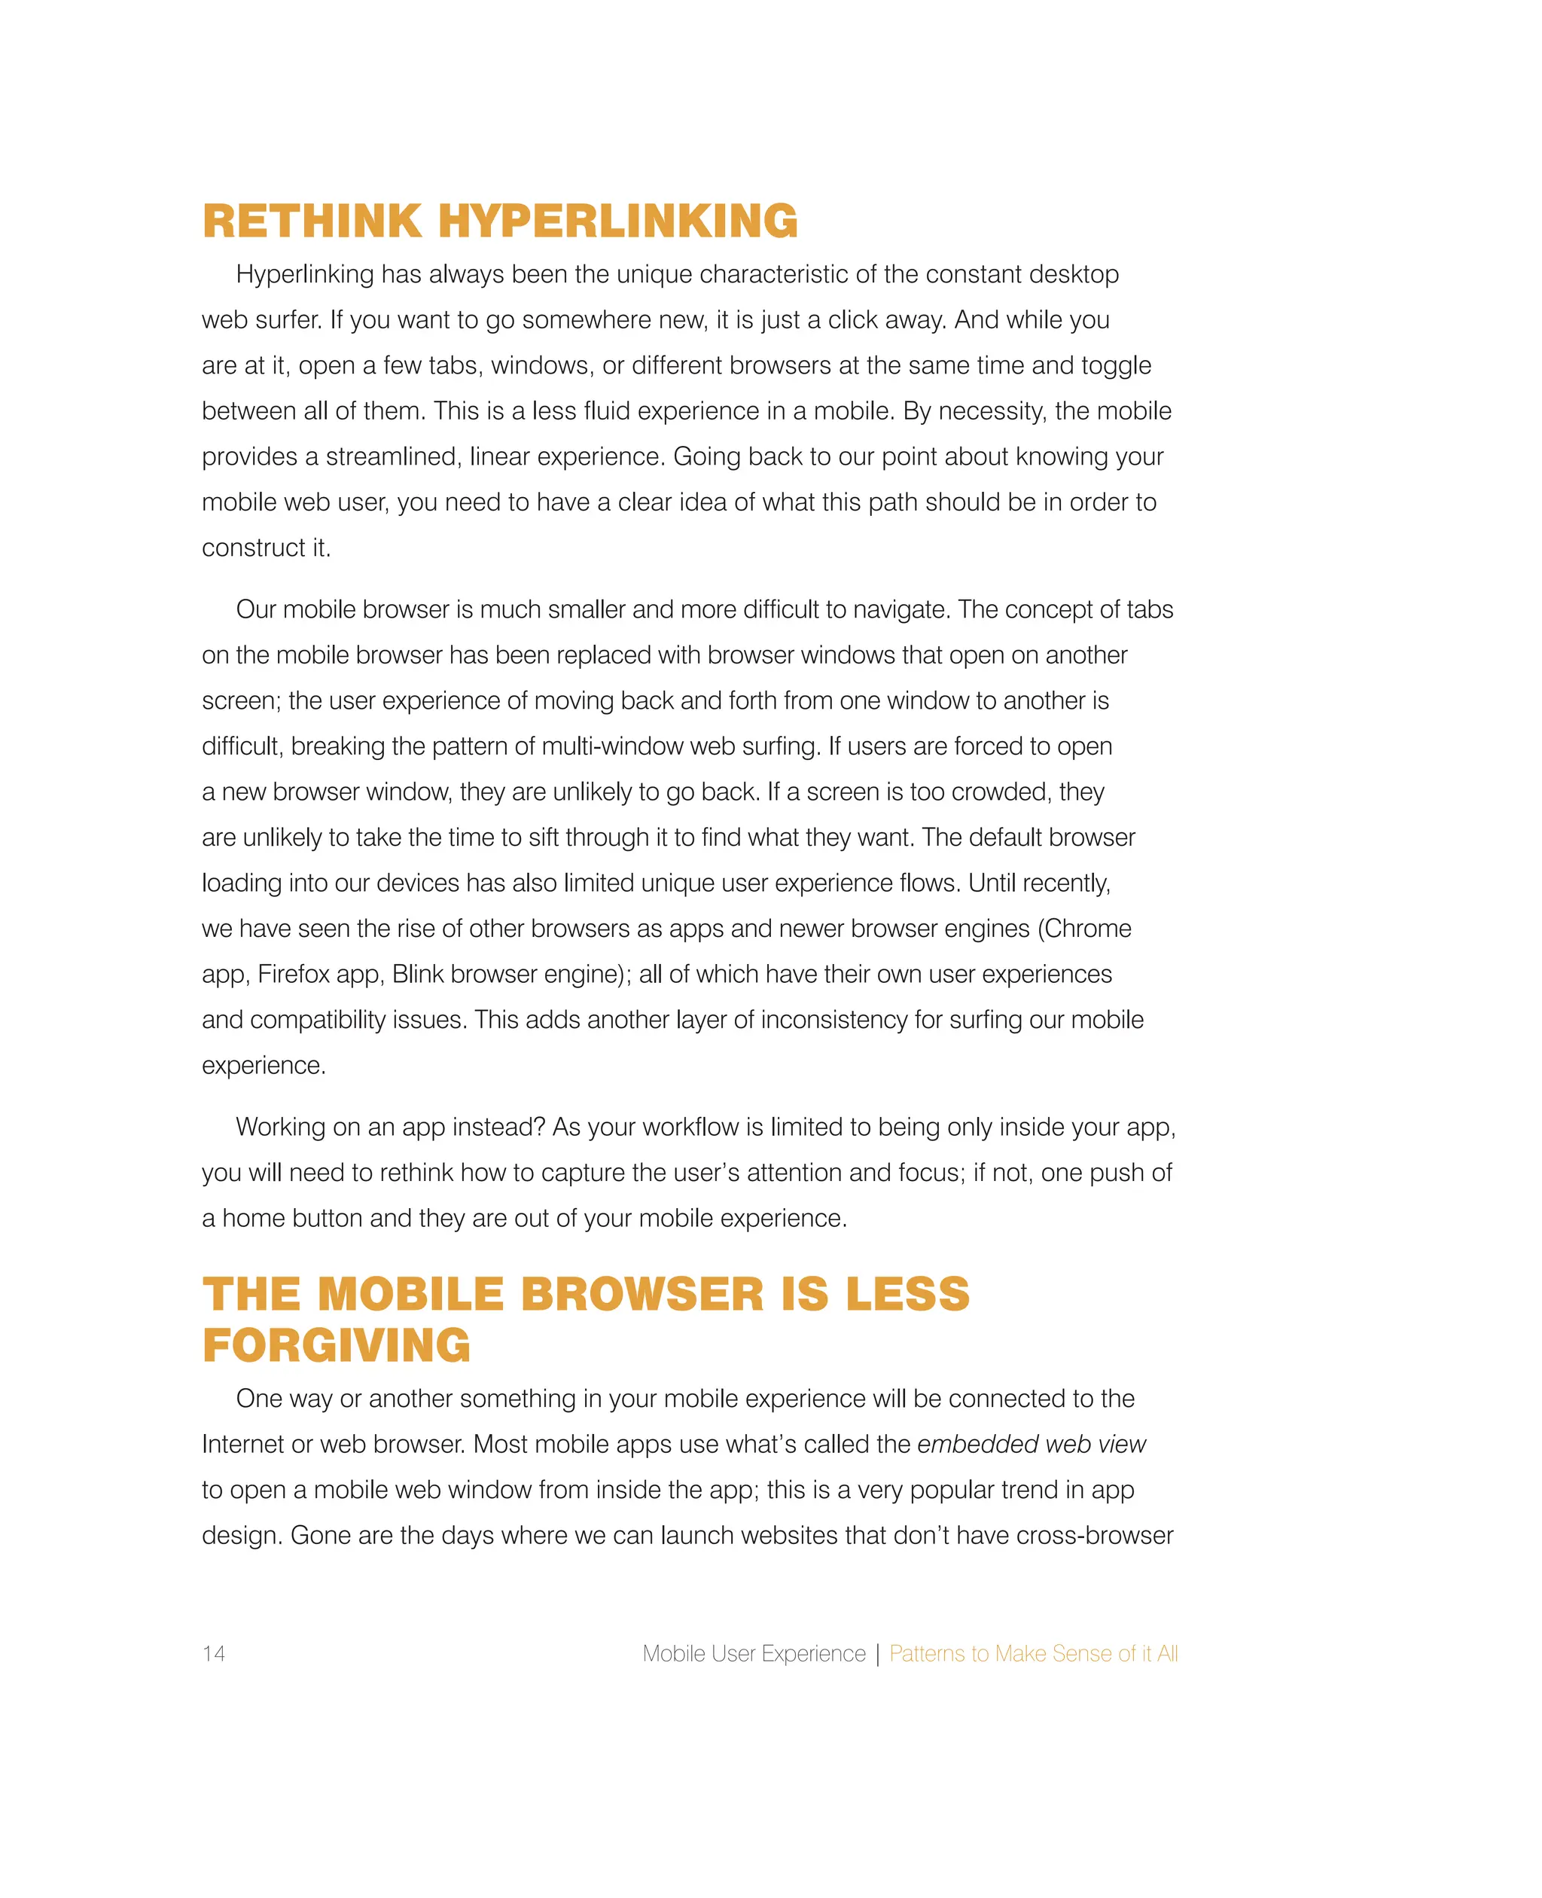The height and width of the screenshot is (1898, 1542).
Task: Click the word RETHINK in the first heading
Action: [x=312, y=221]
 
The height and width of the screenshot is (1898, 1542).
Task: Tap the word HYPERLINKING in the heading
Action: [x=618, y=221]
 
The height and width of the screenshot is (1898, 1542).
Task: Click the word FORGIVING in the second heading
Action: [x=337, y=1345]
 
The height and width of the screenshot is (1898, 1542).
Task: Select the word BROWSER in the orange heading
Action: [x=642, y=1294]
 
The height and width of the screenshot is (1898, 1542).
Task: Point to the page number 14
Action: [x=213, y=1654]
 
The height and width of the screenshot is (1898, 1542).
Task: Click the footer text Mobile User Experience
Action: [x=753, y=1654]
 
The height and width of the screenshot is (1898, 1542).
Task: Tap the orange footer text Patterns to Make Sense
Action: [x=1033, y=1654]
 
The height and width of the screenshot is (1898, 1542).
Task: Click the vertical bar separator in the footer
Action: [x=878, y=1654]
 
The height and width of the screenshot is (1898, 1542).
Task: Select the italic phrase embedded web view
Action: [x=1032, y=1445]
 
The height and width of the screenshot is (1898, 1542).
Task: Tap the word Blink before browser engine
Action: [x=417, y=975]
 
